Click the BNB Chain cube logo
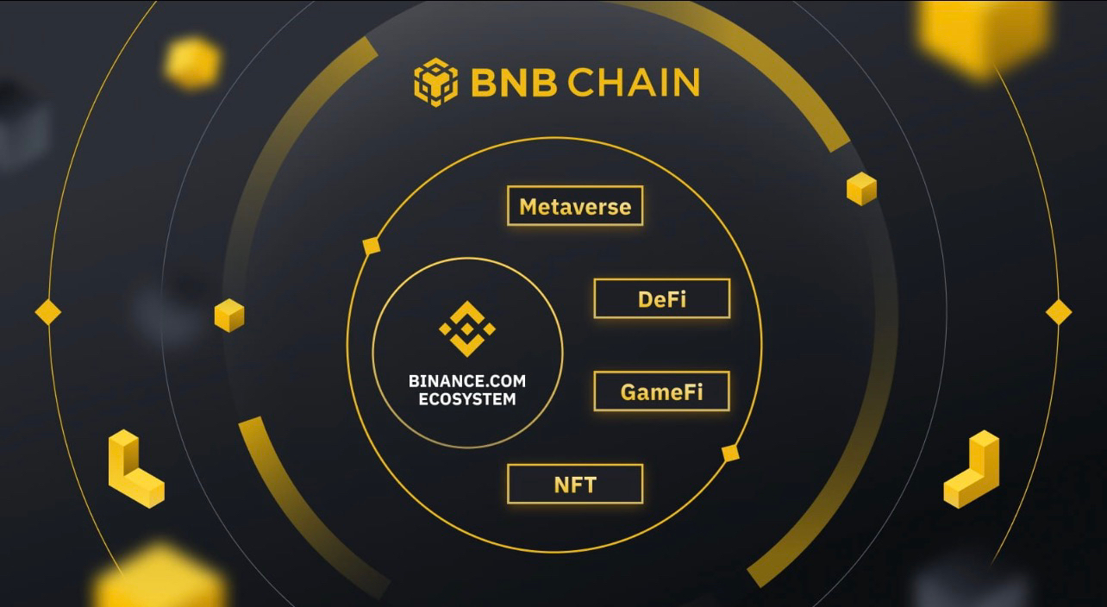click(x=435, y=83)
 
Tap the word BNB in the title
click(x=514, y=82)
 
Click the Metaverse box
click(x=575, y=206)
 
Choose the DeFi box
click(x=662, y=298)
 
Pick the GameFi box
click(x=662, y=391)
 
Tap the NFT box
click(x=575, y=484)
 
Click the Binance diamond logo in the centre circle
click(x=467, y=329)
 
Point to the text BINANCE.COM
click(x=467, y=381)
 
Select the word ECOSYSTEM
click(x=467, y=399)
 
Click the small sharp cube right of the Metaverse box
click(x=861, y=189)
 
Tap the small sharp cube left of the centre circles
click(x=229, y=316)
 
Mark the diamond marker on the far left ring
click(x=48, y=312)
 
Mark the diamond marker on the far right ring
click(x=1059, y=312)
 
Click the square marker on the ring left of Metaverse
click(x=372, y=246)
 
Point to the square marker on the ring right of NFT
click(x=730, y=454)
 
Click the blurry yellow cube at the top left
click(x=193, y=63)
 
